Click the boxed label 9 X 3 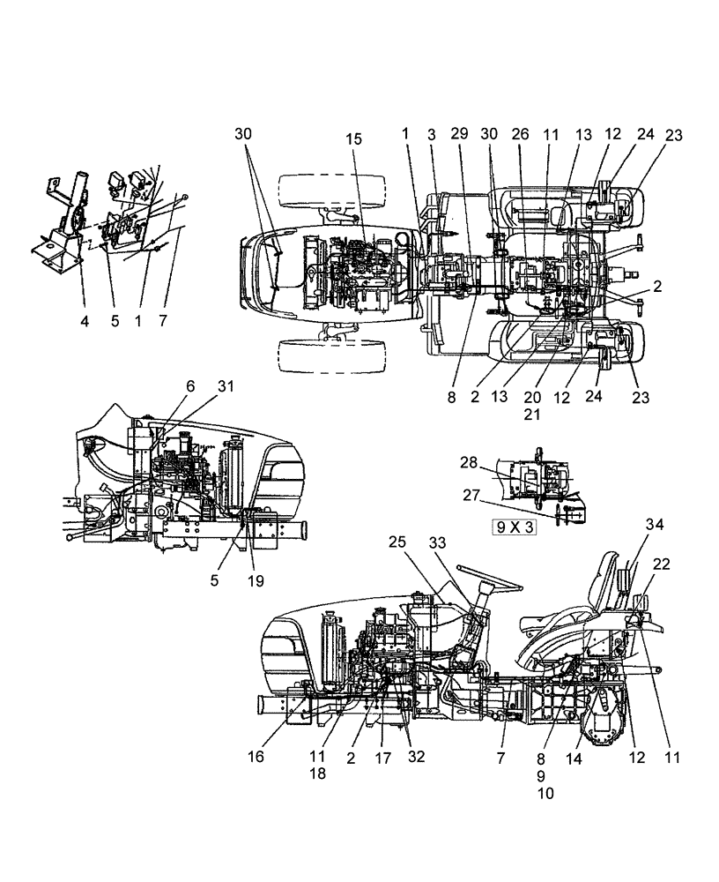point(515,529)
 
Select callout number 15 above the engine point(353,139)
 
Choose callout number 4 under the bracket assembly point(85,322)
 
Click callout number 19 point(256,580)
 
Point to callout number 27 point(472,496)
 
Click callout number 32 point(416,756)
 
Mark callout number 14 point(576,756)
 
